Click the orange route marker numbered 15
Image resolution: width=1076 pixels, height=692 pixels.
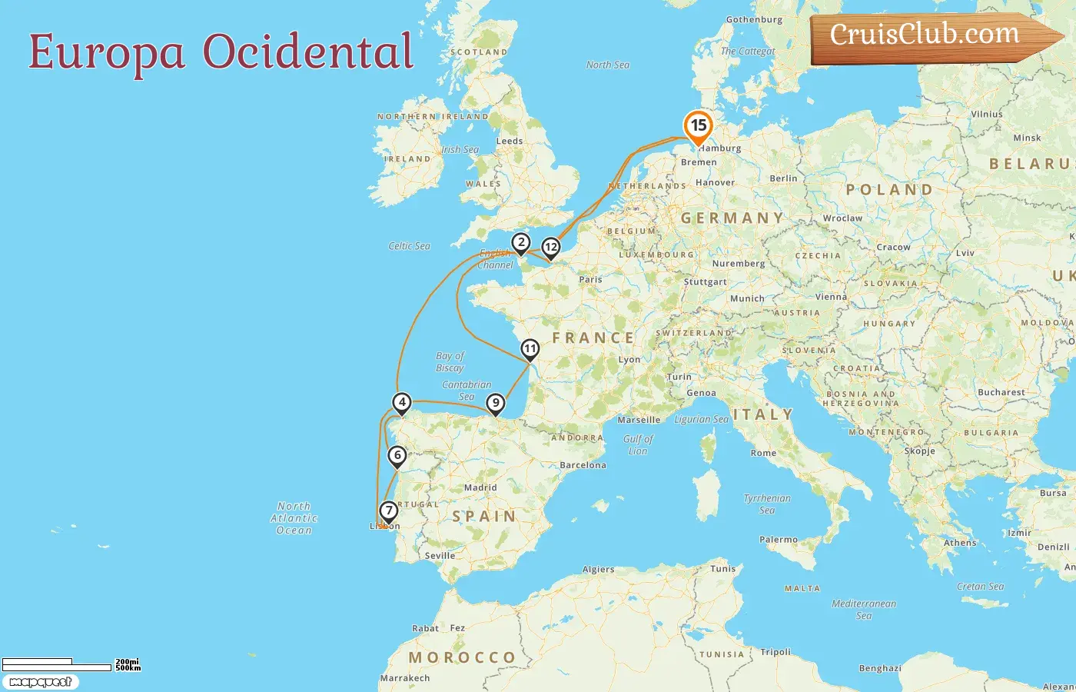pyautogui.click(x=698, y=126)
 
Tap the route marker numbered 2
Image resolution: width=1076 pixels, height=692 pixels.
pyautogui.click(x=521, y=243)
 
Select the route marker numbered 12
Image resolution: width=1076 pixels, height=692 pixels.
pyautogui.click(x=550, y=248)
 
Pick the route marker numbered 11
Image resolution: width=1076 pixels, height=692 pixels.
pyautogui.click(x=530, y=349)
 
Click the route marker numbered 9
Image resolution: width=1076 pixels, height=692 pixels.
pyautogui.click(x=496, y=403)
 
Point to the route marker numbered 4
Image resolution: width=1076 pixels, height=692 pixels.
pyautogui.click(x=401, y=402)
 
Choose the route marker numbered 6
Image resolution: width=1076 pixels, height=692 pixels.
pyautogui.click(x=397, y=455)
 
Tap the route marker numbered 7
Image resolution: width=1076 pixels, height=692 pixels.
pyautogui.click(x=388, y=511)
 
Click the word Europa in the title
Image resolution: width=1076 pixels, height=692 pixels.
pyautogui.click(x=107, y=52)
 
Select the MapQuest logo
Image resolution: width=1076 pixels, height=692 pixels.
pyautogui.click(x=41, y=682)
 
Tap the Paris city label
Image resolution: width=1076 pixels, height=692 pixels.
pyautogui.click(x=590, y=279)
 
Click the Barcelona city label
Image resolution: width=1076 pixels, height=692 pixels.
pyautogui.click(x=583, y=465)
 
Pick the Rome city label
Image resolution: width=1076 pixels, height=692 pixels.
pyautogui.click(x=763, y=453)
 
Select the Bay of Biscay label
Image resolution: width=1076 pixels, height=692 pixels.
pyautogui.click(x=450, y=361)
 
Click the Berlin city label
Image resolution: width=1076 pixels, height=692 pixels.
pyautogui.click(x=783, y=178)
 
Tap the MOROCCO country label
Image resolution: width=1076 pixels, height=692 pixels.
pyautogui.click(x=462, y=657)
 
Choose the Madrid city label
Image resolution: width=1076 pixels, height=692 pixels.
pyautogui.click(x=480, y=487)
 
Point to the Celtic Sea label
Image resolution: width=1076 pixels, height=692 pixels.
pyautogui.click(x=409, y=246)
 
